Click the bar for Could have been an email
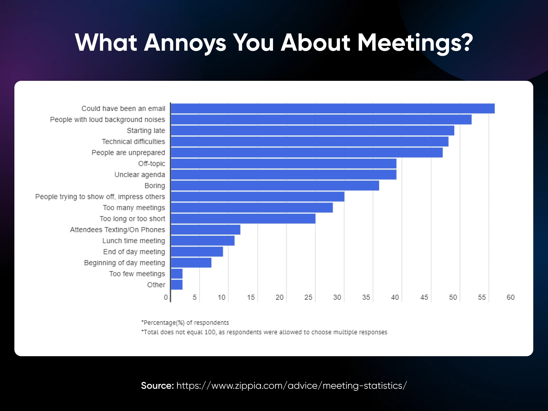tap(332, 109)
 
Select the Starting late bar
tap(312, 130)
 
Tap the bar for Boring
tap(275, 186)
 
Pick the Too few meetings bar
tap(177, 274)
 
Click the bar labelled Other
tap(177, 285)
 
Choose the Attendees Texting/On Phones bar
tap(206, 229)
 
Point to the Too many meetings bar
tap(252, 208)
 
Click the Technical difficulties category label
tap(133, 141)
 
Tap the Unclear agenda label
tap(140, 175)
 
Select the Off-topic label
tap(151, 164)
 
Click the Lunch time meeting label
tap(134, 241)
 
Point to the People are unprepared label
tap(128, 153)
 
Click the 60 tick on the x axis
tap(510, 297)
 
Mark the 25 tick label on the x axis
tap(308, 297)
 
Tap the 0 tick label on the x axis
tap(166, 297)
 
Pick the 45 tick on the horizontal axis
tap(424, 297)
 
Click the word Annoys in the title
tap(185, 43)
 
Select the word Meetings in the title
tap(415, 43)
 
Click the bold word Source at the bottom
tap(157, 386)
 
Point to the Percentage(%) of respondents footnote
tap(185, 323)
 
